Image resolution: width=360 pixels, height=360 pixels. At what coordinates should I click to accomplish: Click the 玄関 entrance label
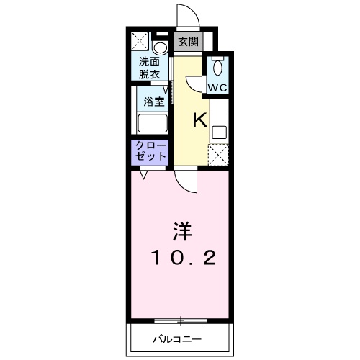coord(188,42)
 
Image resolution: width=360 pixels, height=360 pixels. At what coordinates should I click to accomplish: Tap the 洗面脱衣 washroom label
coord(150,68)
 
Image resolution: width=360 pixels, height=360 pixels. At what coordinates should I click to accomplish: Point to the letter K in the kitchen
coord(199,120)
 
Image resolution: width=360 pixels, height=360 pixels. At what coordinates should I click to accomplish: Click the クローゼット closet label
coord(150,151)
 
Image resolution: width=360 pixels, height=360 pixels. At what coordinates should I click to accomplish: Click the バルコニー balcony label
coord(177,338)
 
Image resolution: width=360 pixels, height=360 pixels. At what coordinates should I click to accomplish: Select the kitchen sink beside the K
coord(218,132)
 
